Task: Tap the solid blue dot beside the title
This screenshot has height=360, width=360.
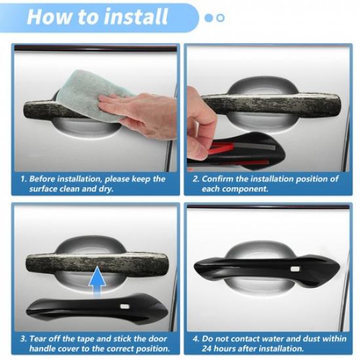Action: coord(209,18)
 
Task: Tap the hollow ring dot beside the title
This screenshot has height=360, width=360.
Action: coord(220,18)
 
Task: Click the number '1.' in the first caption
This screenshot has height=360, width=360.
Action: coord(24,179)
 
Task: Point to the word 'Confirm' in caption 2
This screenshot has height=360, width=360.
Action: coord(219,179)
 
